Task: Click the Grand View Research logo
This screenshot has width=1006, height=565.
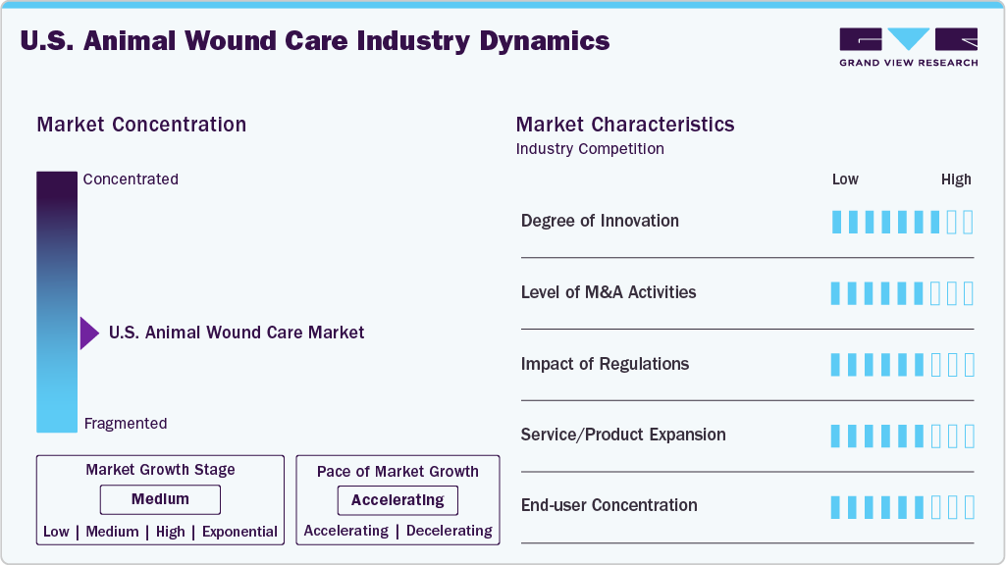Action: [x=908, y=46]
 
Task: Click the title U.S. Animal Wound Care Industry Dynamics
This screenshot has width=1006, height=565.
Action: [x=314, y=41]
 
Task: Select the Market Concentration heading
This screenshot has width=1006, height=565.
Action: [x=141, y=125]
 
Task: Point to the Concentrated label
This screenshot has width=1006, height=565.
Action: [x=131, y=180]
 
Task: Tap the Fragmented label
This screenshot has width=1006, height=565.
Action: [x=126, y=424]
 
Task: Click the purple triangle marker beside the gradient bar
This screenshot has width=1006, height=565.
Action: [x=89, y=334]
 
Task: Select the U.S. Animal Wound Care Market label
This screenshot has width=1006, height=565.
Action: [x=237, y=333]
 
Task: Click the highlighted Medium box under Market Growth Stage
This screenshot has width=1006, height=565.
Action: [x=160, y=499]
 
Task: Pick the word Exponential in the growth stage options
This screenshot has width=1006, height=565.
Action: [x=239, y=532]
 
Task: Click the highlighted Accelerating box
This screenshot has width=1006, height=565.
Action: [x=397, y=500]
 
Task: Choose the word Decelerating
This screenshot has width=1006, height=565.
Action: [x=449, y=531]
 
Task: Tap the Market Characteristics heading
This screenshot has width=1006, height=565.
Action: [x=625, y=125]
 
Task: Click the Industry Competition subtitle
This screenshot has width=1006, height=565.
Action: [x=590, y=149]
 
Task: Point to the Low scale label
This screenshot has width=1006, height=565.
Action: [x=845, y=180]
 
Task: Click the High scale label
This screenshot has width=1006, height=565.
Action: [x=956, y=180]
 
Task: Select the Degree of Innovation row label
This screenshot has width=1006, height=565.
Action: [x=600, y=221]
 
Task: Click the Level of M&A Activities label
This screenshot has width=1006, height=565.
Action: [x=609, y=292]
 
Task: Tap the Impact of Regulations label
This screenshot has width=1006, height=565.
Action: [x=605, y=364]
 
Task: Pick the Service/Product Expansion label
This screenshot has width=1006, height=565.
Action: [x=623, y=435]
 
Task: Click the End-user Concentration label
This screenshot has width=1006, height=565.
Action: [x=609, y=505]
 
